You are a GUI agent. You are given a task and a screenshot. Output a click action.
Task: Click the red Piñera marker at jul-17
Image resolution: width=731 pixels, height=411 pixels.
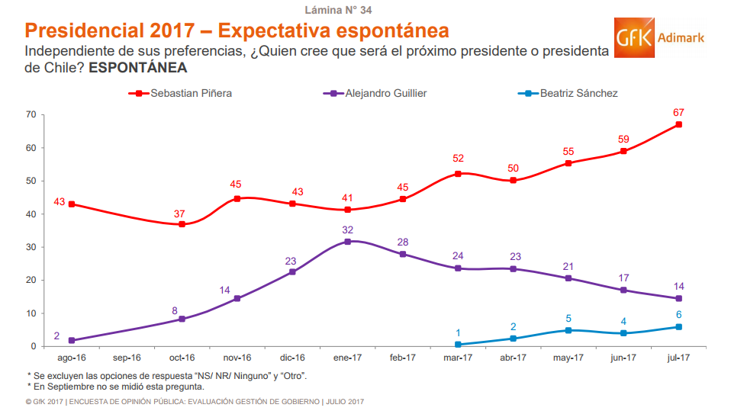(678, 124)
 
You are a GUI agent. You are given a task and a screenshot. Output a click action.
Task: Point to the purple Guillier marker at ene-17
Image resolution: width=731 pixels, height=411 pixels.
(348, 242)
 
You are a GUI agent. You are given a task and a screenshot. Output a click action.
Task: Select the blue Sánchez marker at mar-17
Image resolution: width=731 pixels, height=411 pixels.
(458, 345)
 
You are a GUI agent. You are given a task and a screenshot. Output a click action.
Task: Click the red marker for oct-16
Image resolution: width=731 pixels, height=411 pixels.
(182, 224)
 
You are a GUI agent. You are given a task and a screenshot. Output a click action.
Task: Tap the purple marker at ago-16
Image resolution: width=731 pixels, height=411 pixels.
(72, 341)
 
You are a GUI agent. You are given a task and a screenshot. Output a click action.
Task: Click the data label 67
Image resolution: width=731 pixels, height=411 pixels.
(678, 113)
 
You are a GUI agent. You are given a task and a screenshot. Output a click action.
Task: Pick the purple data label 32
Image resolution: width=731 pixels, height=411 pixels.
(348, 230)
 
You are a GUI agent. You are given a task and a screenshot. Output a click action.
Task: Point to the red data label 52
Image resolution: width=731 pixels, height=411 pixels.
(458, 159)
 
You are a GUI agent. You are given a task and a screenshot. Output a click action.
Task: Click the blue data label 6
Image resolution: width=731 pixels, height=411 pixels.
(678, 315)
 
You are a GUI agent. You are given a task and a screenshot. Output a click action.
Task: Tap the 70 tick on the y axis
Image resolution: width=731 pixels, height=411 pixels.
(31, 114)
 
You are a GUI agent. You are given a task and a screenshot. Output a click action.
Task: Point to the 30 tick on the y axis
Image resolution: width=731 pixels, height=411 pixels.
(31, 247)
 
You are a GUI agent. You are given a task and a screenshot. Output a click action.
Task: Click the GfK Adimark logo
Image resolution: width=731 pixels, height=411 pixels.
(659, 37)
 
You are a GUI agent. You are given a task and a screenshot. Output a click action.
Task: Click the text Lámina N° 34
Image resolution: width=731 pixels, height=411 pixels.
(338, 10)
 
